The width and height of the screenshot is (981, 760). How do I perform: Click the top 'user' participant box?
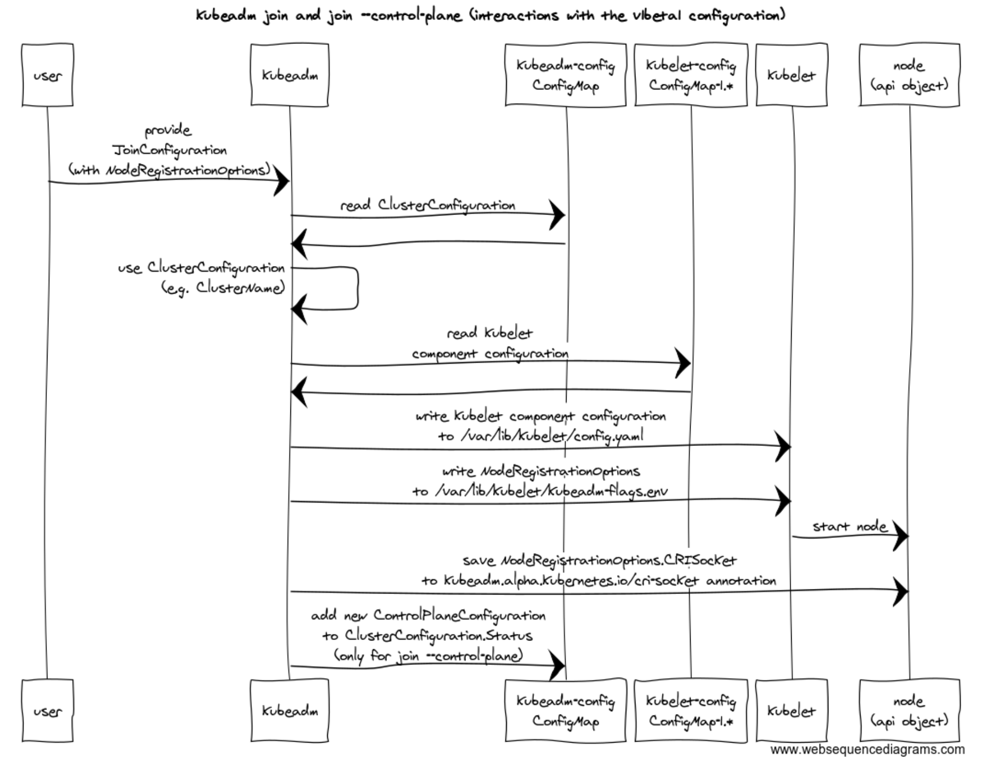[47, 75]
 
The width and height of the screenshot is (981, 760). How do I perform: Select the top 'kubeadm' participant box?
[289, 75]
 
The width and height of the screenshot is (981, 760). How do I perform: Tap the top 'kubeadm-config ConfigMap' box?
[566, 75]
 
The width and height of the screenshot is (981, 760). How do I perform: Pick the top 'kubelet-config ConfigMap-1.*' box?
[691, 75]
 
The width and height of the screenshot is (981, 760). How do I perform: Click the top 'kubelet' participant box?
[792, 75]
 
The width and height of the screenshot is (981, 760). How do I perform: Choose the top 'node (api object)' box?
[910, 75]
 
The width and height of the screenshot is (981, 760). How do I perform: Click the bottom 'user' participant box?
[47, 710]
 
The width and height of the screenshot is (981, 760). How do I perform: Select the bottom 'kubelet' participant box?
[792, 710]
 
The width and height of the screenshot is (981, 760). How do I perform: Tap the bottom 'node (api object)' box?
[910, 710]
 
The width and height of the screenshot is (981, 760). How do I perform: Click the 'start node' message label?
[850, 526]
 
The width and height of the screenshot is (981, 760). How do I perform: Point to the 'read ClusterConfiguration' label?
[428, 205]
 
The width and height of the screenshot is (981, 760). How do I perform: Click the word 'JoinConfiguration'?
[169, 151]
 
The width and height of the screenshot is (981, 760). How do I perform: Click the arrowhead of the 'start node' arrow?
[901, 536]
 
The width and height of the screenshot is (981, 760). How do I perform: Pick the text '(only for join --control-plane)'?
[428, 655]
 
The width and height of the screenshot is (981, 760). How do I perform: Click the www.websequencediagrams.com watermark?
[868, 750]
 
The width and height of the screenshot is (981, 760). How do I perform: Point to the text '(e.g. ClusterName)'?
[223, 289]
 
